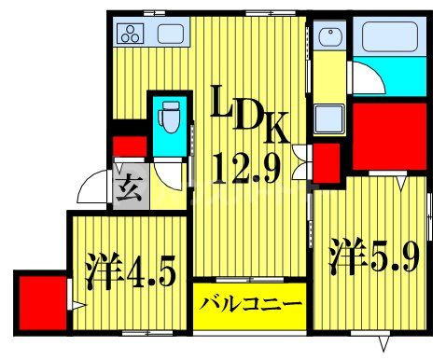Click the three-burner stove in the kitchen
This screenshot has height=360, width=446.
click(x=131, y=35)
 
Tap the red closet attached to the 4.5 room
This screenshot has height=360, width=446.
click(x=40, y=298)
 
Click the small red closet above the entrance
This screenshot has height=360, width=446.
click(x=130, y=145)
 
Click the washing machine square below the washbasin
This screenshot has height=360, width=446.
click(x=329, y=120)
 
